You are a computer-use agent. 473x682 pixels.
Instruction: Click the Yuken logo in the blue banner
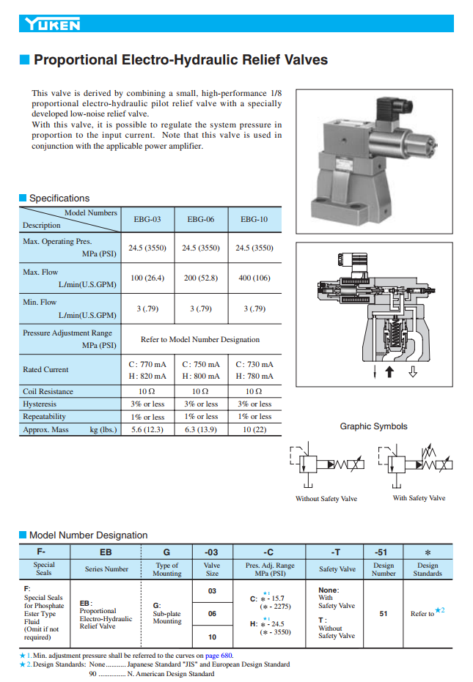click(52, 25)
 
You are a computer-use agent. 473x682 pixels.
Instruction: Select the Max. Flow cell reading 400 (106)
click(254, 278)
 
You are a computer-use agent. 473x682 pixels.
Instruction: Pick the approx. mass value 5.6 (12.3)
click(147, 429)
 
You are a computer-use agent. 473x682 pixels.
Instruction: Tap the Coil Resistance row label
click(48, 391)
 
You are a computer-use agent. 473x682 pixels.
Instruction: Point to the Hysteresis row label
click(40, 404)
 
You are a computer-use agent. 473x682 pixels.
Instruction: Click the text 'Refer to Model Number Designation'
click(200, 339)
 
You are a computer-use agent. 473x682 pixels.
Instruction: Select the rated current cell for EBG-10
click(254, 370)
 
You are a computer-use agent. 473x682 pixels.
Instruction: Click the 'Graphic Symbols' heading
click(373, 426)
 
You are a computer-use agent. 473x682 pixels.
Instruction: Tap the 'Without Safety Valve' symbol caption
click(326, 499)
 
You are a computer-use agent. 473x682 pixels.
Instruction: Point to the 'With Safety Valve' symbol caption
click(419, 498)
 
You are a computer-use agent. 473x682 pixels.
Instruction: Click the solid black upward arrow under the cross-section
click(389, 372)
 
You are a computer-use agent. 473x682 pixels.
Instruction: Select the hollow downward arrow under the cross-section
click(413, 372)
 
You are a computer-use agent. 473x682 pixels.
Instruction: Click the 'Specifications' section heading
click(59, 198)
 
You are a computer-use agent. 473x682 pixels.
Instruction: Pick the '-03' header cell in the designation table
click(211, 551)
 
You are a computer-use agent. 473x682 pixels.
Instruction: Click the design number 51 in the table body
click(384, 614)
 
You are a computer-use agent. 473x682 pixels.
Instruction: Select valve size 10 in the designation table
click(212, 637)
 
